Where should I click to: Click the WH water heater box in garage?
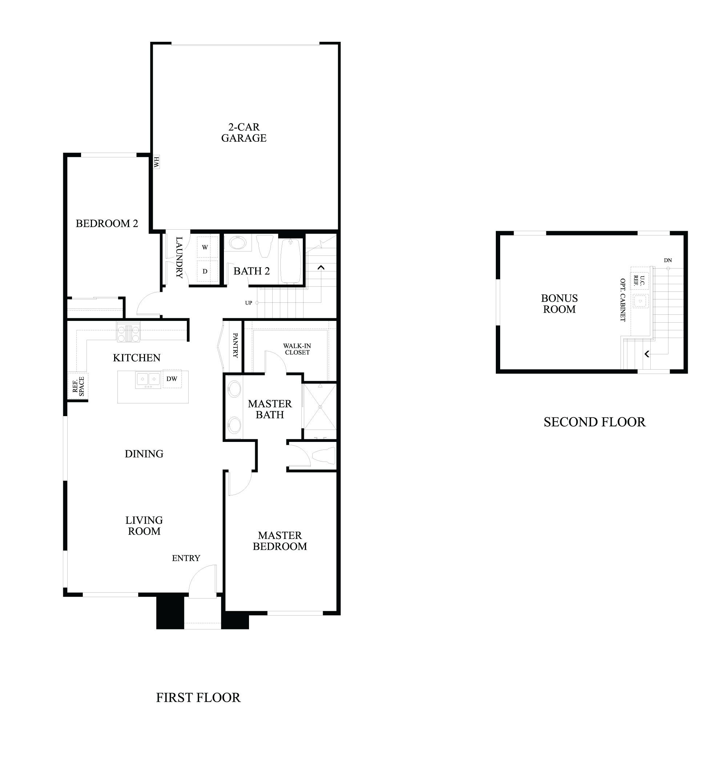(x=156, y=162)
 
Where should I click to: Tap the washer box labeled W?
(x=205, y=247)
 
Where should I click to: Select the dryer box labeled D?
(x=205, y=271)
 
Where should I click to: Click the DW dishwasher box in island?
(x=172, y=379)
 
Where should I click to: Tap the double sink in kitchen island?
(x=148, y=380)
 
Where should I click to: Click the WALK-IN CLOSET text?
(x=297, y=349)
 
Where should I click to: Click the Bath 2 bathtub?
(x=290, y=261)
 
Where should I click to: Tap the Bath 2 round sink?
(x=236, y=243)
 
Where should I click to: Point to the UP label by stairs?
(x=248, y=303)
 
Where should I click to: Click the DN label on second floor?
(x=667, y=260)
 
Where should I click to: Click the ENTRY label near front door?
(x=186, y=558)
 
